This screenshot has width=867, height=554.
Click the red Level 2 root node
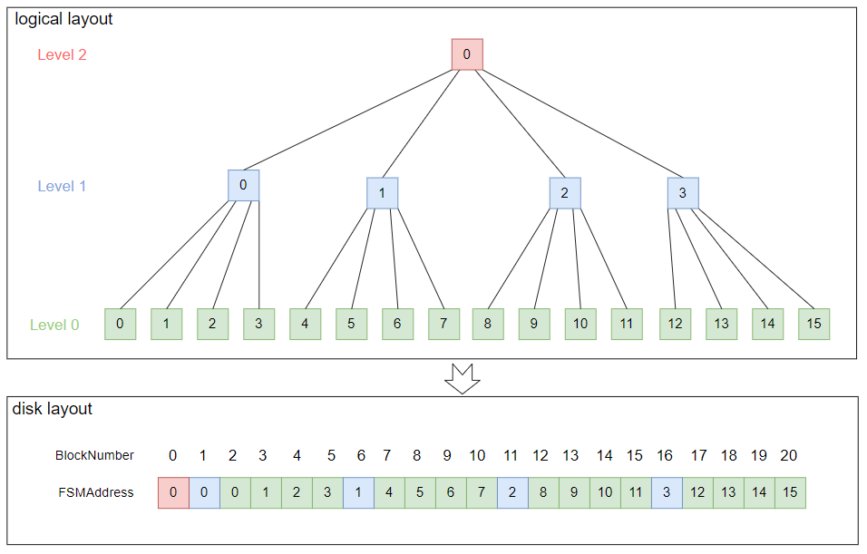click(467, 54)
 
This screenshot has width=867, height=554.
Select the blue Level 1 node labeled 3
click(683, 193)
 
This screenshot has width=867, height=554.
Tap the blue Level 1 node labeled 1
click(382, 193)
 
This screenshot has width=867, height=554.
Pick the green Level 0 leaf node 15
click(813, 324)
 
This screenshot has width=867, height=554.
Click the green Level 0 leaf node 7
click(443, 324)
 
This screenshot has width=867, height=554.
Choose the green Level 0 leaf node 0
click(120, 324)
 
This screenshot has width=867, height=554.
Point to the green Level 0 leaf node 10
click(580, 324)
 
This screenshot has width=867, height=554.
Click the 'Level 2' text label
click(62, 55)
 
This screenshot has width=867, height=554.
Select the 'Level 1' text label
click(62, 187)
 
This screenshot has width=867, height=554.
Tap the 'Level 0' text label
click(54, 326)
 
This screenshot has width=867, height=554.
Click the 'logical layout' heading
click(63, 19)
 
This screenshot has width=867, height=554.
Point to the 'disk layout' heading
click(53, 409)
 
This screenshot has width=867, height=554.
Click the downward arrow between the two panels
click(462, 378)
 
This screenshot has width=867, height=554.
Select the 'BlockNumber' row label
click(94, 456)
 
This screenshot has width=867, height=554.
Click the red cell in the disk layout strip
click(173, 492)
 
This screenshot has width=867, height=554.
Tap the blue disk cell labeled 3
click(667, 492)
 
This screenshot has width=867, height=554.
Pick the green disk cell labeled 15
click(790, 492)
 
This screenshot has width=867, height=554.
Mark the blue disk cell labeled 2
click(512, 492)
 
